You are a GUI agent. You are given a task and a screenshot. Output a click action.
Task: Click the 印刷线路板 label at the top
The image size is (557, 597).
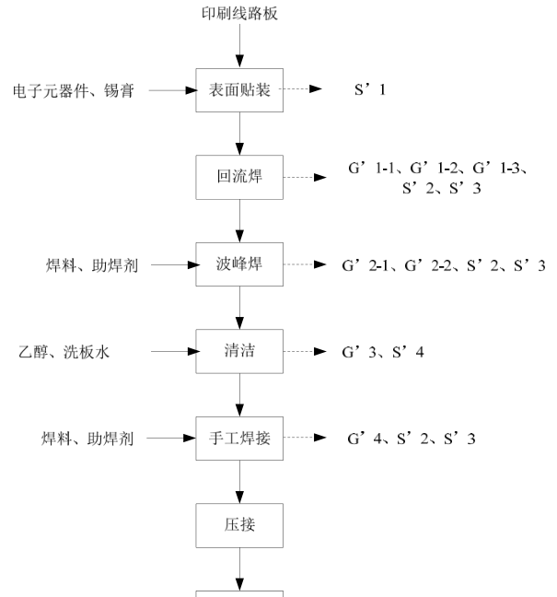point(239,14)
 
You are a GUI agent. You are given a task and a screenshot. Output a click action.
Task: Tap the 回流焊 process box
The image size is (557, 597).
point(239,177)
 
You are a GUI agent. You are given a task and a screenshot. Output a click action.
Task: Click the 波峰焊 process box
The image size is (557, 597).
point(239,265)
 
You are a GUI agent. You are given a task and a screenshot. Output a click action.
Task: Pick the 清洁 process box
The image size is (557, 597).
point(239,352)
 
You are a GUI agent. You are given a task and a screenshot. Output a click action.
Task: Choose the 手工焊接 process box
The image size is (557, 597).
point(239,439)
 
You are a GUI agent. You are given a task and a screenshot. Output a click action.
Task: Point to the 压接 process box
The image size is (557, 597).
point(239,526)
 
